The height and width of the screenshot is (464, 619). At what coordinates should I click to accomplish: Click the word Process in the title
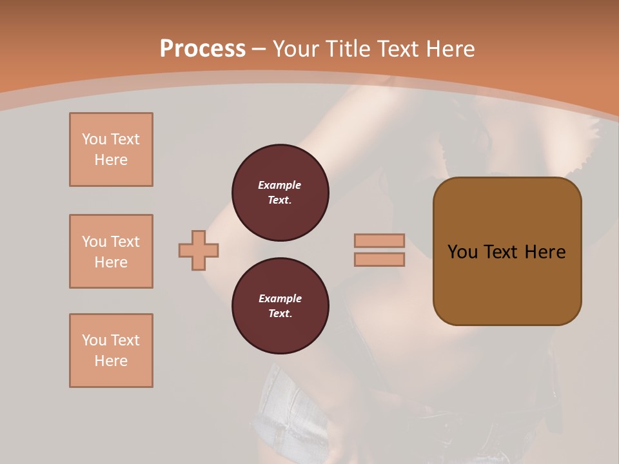click(202, 49)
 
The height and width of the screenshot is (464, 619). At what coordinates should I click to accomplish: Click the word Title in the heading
click(350, 49)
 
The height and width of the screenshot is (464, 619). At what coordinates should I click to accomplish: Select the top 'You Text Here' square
click(111, 150)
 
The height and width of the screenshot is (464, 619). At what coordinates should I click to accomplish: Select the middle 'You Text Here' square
click(111, 251)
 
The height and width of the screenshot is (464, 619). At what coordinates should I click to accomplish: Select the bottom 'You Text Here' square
click(111, 351)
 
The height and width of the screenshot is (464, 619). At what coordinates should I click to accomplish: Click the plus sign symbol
click(199, 250)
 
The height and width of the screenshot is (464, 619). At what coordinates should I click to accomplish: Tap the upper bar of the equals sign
click(379, 240)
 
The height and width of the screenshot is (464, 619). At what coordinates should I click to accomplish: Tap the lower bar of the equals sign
click(379, 259)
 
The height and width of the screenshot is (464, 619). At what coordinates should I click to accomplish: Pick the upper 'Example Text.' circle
click(280, 193)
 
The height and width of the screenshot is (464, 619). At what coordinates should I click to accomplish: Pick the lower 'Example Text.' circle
click(280, 306)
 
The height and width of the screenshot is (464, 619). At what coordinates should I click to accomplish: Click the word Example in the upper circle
click(280, 186)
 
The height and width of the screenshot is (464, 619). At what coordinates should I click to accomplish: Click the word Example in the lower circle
click(280, 299)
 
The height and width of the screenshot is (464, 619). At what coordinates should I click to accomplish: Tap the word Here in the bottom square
click(111, 361)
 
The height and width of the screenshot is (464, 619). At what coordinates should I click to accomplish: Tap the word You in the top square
click(94, 139)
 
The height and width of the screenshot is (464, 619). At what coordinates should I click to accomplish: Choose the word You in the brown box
click(462, 252)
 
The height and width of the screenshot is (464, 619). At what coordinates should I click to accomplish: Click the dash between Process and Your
click(259, 49)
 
